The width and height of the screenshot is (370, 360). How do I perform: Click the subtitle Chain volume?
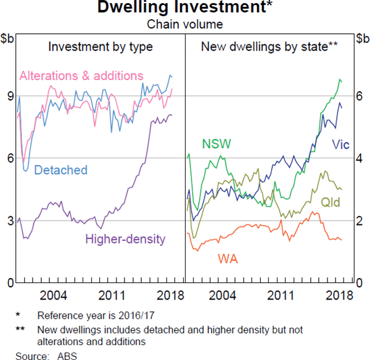click(184, 25)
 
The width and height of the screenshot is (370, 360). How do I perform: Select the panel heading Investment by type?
click(101, 47)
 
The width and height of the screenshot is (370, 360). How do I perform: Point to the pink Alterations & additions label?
click(81, 76)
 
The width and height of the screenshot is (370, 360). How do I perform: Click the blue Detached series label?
click(60, 170)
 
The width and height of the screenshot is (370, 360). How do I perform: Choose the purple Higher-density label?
click(125, 239)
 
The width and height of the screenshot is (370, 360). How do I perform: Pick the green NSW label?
click(216, 144)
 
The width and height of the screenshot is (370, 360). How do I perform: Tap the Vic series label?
click(340, 145)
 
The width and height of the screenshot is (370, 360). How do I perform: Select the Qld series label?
click(331, 202)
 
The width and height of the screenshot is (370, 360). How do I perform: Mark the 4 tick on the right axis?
click(360, 158)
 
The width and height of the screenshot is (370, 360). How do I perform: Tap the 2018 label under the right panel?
click(338, 295)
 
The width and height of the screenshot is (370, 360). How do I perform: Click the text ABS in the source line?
click(64, 355)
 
